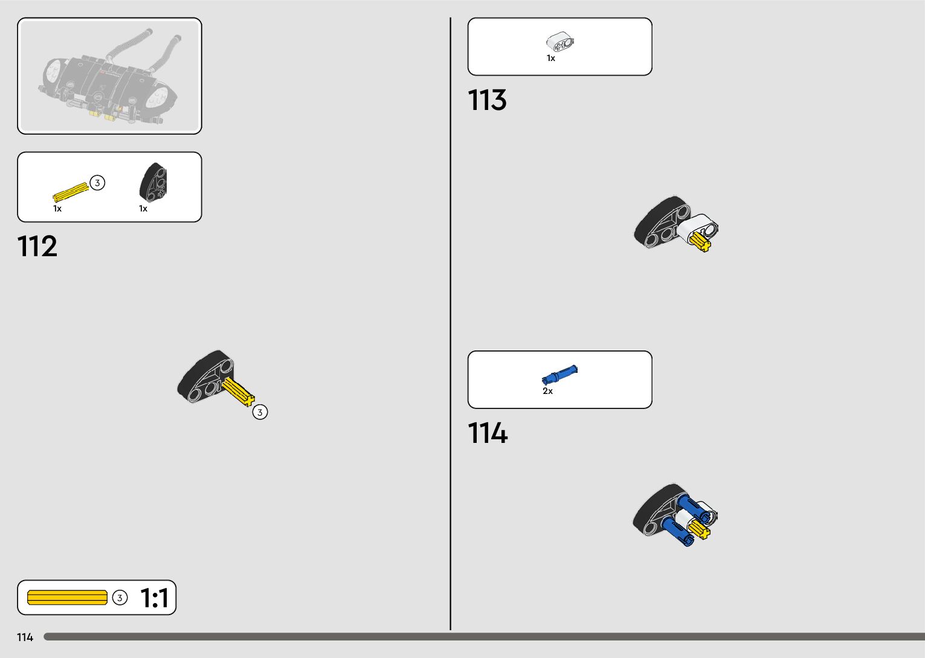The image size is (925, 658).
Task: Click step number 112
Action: pyautogui.click(x=37, y=247)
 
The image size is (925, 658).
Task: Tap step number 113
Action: pyautogui.click(x=487, y=100)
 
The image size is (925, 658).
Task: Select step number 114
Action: pyautogui.click(x=488, y=433)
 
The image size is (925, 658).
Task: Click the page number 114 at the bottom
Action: pyautogui.click(x=25, y=637)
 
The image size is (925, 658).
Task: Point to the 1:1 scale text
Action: pyautogui.click(x=154, y=598)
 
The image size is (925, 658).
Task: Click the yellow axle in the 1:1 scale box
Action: pyautogui.click(x=67, y=598)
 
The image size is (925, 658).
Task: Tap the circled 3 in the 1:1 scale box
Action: pyautogui.click(x=120, y=598)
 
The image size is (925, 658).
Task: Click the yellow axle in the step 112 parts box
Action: pyautogui.click(x=70, y=192)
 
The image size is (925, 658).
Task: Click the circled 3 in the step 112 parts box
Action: pyautogui.click(x=97, y=182)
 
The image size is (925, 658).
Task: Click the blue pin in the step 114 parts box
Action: pyautogui.click(x=559, y=375)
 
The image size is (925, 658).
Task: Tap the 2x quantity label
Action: pyautogui.click(x=547, y=392)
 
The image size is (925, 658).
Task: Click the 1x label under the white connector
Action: pyautogui.click(x=551, y=59)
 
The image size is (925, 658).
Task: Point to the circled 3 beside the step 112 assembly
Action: pyautogui.click(x=260, y=412)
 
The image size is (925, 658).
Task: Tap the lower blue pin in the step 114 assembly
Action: pyautogui.click(x=678, y=531)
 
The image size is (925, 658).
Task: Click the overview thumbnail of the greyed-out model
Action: pyautogui.click(x=109, y=76)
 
